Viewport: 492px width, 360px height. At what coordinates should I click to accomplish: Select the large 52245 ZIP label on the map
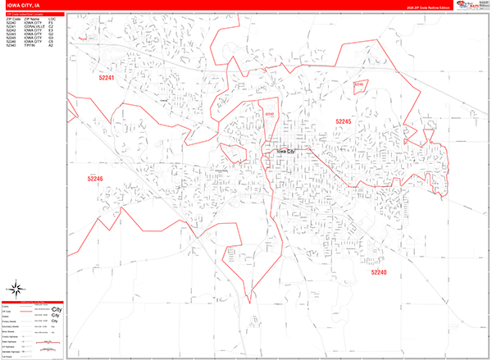[x=343, y=121]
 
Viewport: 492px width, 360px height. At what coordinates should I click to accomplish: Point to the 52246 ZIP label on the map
[x=96, y=178]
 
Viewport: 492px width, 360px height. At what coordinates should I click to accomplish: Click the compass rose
[x=16, y=289]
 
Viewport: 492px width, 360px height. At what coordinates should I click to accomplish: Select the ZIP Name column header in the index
[x=33, y=17]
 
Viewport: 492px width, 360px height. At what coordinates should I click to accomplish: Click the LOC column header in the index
[x=52, y=17]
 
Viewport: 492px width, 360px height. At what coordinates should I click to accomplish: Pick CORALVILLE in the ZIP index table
[x=34, y=25]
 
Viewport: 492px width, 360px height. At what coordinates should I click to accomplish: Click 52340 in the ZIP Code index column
[x=11, y=46]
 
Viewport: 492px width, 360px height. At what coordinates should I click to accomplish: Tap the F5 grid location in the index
[x=51, y=42]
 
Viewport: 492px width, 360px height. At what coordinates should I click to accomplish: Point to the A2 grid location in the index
[x=51, y=46]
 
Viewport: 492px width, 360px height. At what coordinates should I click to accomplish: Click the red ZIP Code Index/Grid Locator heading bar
[x=33, y=13]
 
